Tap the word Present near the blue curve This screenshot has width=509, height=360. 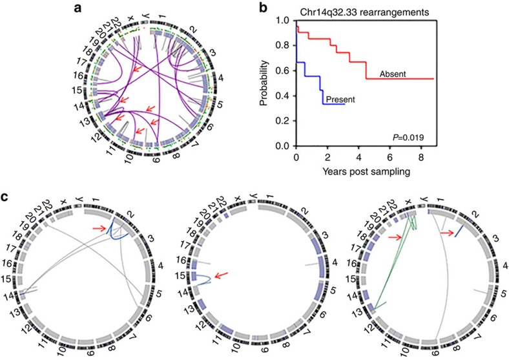click(342, 100)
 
